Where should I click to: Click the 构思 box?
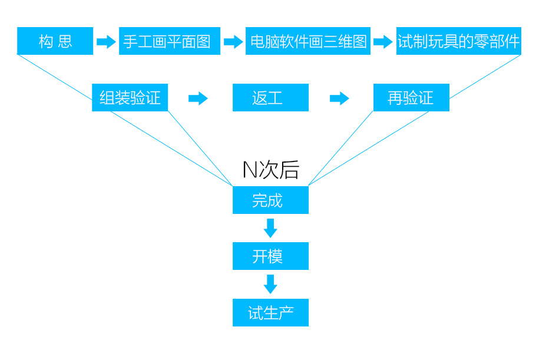[55, 41]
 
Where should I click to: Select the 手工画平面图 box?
[169, 41]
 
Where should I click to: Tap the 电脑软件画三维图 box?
[307, 41]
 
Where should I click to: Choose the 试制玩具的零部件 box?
[458, 41]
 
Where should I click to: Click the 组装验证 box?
[130, 98]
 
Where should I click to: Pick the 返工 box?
[270, 98]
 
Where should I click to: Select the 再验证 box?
[411, 98]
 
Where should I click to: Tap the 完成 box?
[270, 200]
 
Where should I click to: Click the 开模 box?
[270, 256]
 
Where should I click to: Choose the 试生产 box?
[270, 312]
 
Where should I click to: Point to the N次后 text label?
[271, 170]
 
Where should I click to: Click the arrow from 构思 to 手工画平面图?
[106, 42]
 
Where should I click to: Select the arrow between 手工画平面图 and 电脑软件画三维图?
[233, 42]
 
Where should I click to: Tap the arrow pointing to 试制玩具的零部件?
[383, 42]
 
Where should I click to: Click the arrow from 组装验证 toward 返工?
[198, 98]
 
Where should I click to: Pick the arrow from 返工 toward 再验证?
[339, 98]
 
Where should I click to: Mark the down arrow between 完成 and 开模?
[270, 228]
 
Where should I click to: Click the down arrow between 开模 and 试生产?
[270, 284]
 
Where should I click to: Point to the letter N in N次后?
[250, 170]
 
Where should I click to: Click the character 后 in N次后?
[290, 170]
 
